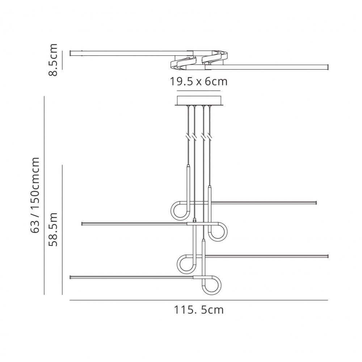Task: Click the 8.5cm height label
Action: point(53,60)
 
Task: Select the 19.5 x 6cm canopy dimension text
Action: point(199,81)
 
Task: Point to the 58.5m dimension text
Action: point(53,230)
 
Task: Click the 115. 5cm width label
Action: point(199,310)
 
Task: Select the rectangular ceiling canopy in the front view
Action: point(199,100)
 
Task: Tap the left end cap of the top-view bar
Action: point(71,53)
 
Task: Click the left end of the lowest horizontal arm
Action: point(71,277)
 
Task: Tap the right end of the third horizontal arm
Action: point(327,256)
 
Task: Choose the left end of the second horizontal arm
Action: point(83,224)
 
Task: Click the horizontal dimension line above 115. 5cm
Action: point(199,300)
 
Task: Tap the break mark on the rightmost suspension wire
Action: point(210,138)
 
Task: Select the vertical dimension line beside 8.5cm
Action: point(62,60)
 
